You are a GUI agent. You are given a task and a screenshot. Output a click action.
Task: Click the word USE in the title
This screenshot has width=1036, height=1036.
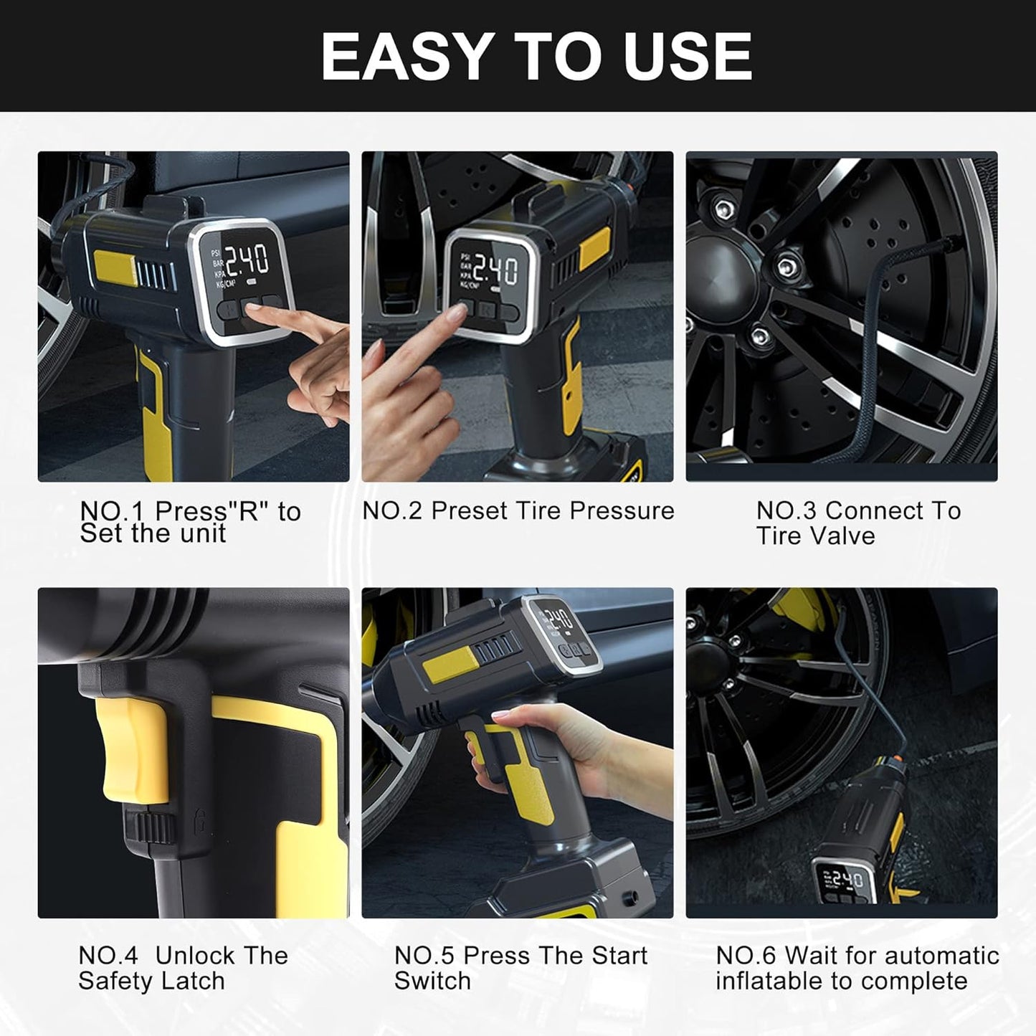688,57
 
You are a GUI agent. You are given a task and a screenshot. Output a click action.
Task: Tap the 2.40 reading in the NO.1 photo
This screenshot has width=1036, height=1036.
247,260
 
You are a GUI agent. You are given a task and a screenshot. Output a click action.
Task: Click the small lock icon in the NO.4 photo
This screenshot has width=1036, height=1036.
201,819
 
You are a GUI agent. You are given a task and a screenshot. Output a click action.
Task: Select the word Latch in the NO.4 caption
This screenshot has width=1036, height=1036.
194,981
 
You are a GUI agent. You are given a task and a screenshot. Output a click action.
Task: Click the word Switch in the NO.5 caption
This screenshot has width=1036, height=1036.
432,981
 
